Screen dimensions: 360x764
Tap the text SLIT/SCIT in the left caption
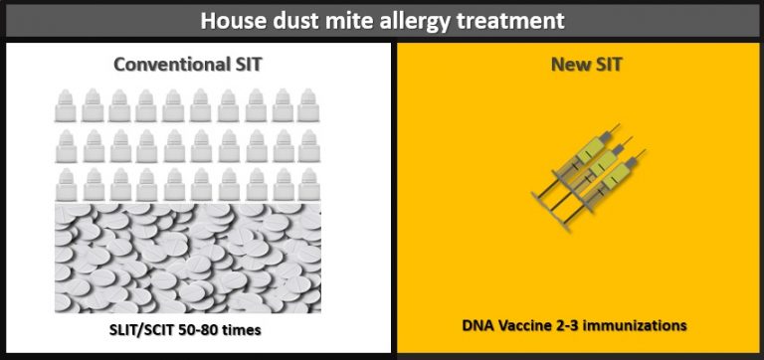click(x=151, y=327)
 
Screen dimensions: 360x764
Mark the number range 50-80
click(x=217, y=327)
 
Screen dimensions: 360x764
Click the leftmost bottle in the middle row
click(x=67, y=141)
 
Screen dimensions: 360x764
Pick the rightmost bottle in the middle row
click(x=307, y=141)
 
